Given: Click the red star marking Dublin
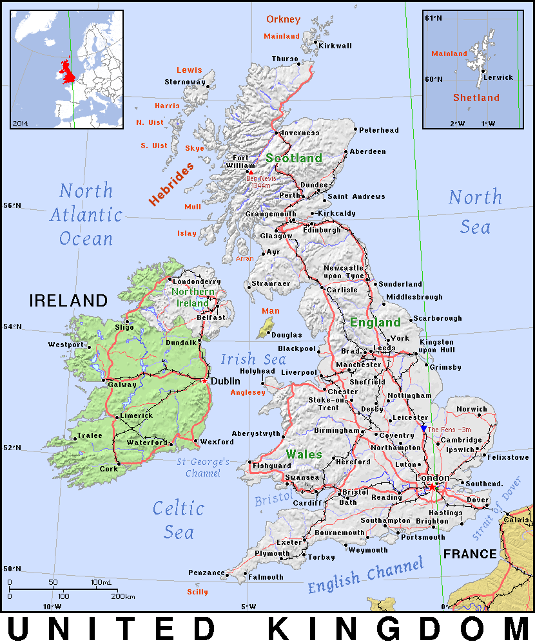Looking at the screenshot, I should (x=205, y=381).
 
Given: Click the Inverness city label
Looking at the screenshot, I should (x=300, y=133).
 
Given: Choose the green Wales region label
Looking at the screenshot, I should (x=304, y=454).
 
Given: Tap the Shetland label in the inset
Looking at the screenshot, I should (x=476, y=98).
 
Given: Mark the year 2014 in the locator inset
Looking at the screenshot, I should (x=20, y=122).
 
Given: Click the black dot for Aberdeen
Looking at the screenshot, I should (x=346, y=152).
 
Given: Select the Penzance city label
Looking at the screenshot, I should (x=207, y=573).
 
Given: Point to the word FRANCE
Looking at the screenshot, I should (x=470, y=554).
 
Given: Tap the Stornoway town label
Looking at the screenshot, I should (x=184, y=82).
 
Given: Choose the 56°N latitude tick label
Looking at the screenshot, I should (x=12, y=206).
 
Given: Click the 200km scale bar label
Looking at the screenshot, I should (x=122, y=596).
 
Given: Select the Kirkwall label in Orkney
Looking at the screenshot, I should (x=336, y=46).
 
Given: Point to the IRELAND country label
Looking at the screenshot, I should (x=68, y=301).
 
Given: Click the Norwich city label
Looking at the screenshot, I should (x=472, y=410).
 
